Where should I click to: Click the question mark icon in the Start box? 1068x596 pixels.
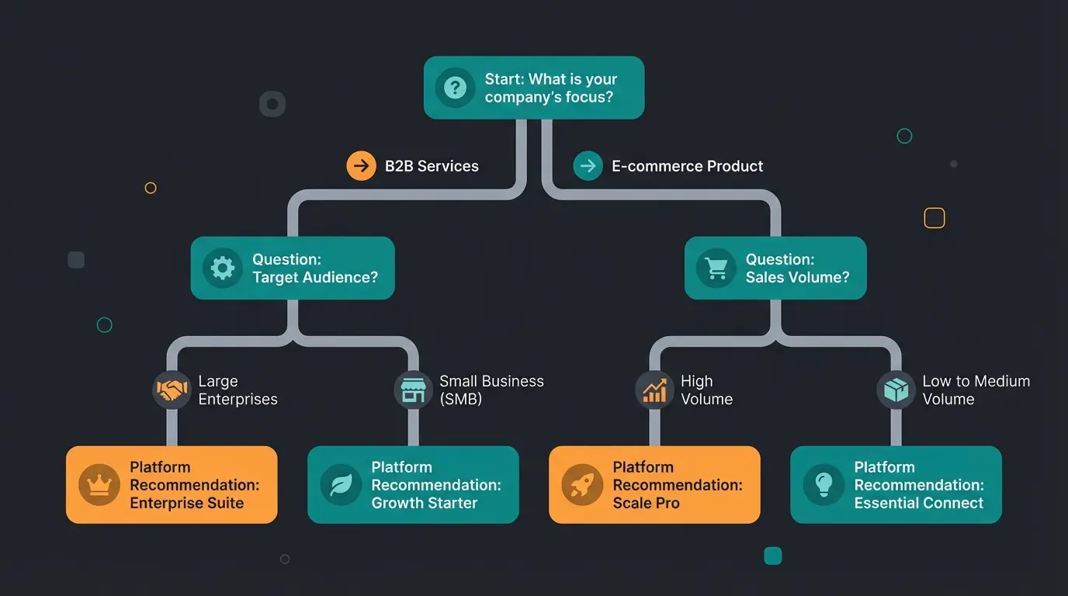point(455,88)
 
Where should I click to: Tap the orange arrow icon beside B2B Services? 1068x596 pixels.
point(361,166)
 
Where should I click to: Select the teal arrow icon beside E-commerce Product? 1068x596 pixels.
point(588,166)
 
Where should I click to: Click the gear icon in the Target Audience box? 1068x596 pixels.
point(223,269)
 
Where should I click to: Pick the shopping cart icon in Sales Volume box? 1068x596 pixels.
point(716,269)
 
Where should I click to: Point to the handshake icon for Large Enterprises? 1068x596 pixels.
point(172,390)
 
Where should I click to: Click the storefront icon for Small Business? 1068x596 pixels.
point(413,390)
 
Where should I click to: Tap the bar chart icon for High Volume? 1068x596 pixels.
point(654,390)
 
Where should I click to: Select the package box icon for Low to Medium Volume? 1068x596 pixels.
point(896,390)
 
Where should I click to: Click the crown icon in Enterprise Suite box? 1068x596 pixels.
point(99,485)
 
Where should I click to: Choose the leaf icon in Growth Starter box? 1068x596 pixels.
point(341,485)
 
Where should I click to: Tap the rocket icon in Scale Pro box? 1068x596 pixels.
point(582,485)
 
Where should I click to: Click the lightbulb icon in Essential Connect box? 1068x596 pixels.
point(824,485)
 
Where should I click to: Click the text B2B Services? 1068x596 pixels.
point(432,166)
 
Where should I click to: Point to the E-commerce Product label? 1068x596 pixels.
point(687,166)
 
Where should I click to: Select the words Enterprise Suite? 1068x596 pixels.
point(186,503)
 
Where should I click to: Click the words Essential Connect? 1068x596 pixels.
point(918,503)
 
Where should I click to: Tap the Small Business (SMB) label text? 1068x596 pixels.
point(491,390)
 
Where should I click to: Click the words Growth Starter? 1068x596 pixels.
point(424,503)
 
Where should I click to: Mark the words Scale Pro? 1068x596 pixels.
point(646,503)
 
